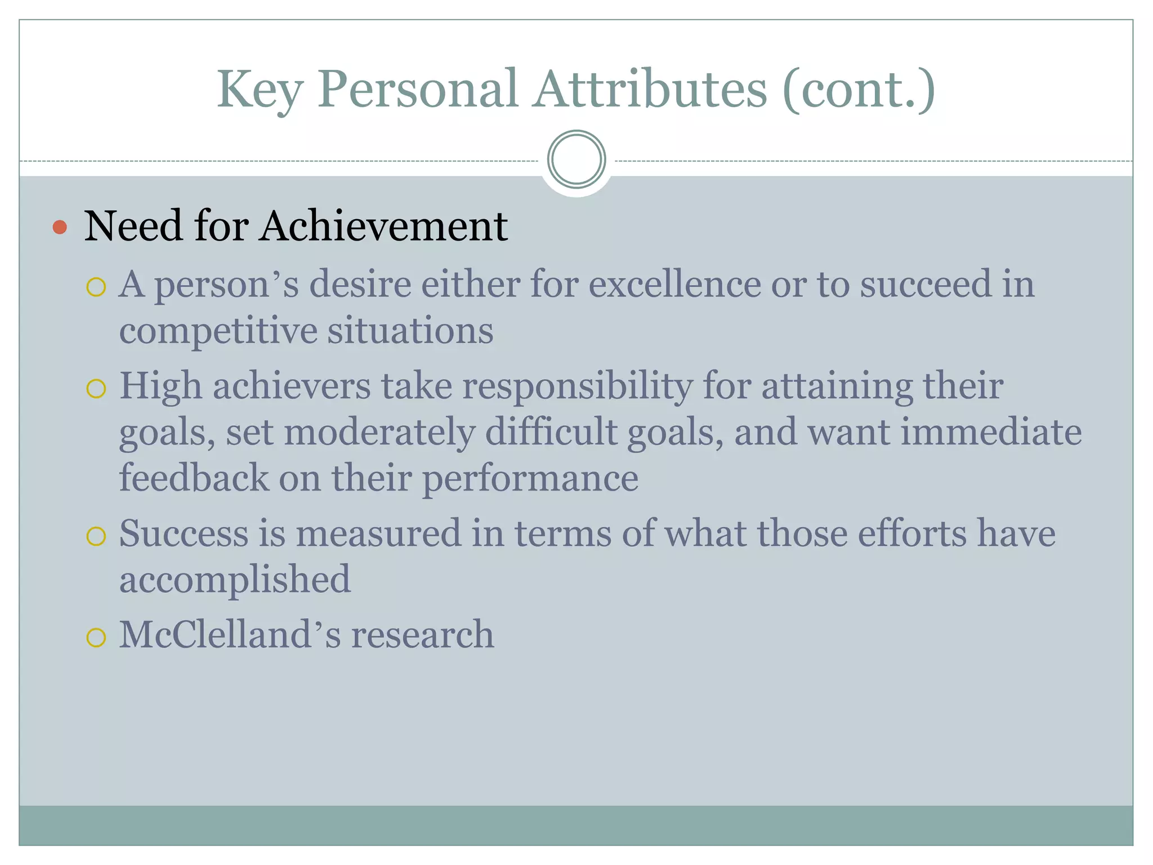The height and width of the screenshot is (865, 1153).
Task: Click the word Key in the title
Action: pos(260,90)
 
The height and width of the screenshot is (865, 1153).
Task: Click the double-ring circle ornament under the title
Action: pos(576,159)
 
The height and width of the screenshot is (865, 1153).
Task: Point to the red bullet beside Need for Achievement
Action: pos(60,228)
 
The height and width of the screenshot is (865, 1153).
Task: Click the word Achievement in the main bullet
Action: pos(383,226)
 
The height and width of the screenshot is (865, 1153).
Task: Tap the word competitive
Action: pos(218,331)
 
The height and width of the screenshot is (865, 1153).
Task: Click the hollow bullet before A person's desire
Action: pos(96,287)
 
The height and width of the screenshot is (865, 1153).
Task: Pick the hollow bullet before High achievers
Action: pos(96,389)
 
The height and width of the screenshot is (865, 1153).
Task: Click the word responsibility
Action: pos(578,387)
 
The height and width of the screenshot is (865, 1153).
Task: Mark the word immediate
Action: pos(991,432)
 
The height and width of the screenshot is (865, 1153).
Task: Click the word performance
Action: pos(530,479)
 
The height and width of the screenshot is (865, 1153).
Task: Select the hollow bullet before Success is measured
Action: pos(96,536)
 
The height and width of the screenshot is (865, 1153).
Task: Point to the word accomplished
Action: pos(235,580)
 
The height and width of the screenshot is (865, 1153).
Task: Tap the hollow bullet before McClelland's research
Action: pos(96,637)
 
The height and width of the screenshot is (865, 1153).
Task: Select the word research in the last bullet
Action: pos(422,635)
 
